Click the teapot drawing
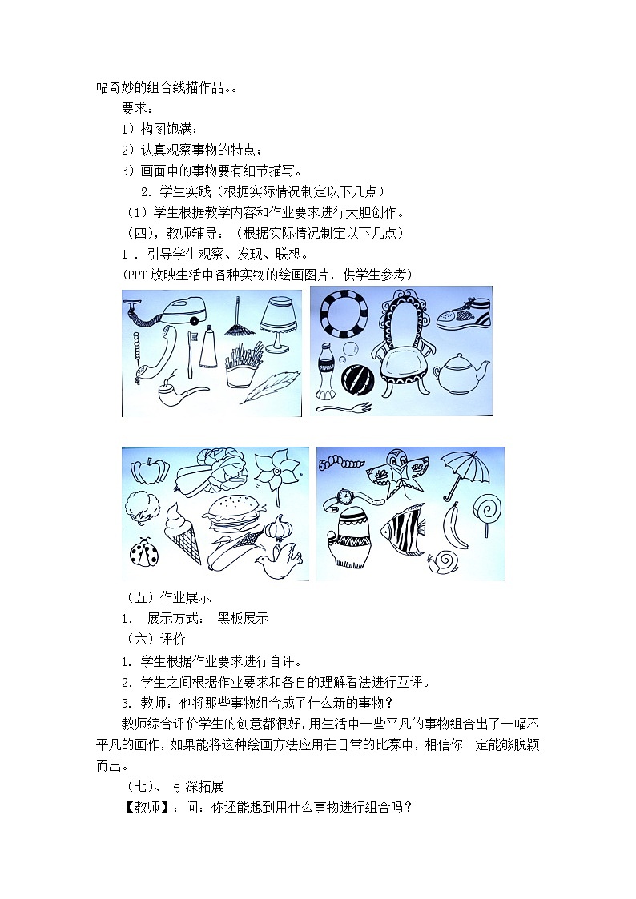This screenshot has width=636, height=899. point(461,371)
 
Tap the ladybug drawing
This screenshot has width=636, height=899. point(142,552)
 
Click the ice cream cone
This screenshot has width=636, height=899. point(183,533)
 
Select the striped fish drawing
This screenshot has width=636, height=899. point(403,528)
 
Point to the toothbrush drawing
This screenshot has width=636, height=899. point(190,355)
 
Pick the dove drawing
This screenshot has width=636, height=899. point(277,560)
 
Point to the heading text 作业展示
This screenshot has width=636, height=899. point(185,597)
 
